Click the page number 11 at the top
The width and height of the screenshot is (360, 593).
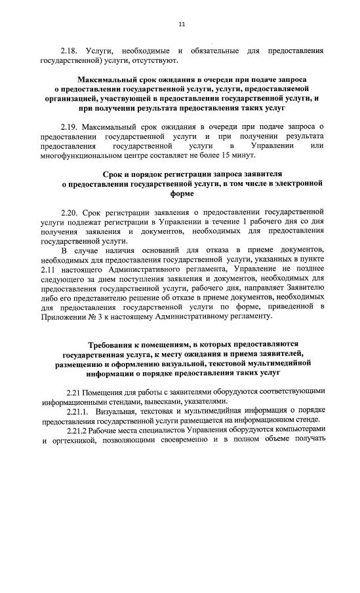point(182,24)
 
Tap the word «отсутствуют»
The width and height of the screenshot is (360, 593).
point(156,61)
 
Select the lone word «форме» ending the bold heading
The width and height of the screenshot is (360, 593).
point(182,195)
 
